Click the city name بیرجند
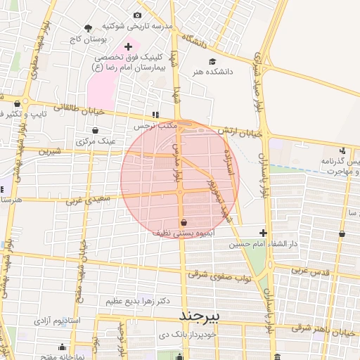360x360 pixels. tap(200, 316)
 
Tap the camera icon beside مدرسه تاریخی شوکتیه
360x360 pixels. tap(136, 15)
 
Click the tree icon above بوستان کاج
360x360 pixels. tap(88, 29)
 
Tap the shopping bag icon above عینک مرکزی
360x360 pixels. tap(96, 130)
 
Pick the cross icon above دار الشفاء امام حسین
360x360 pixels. tap(263, 233)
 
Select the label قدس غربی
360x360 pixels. tap(311, 270)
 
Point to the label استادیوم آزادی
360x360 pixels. tap(58, 321)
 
